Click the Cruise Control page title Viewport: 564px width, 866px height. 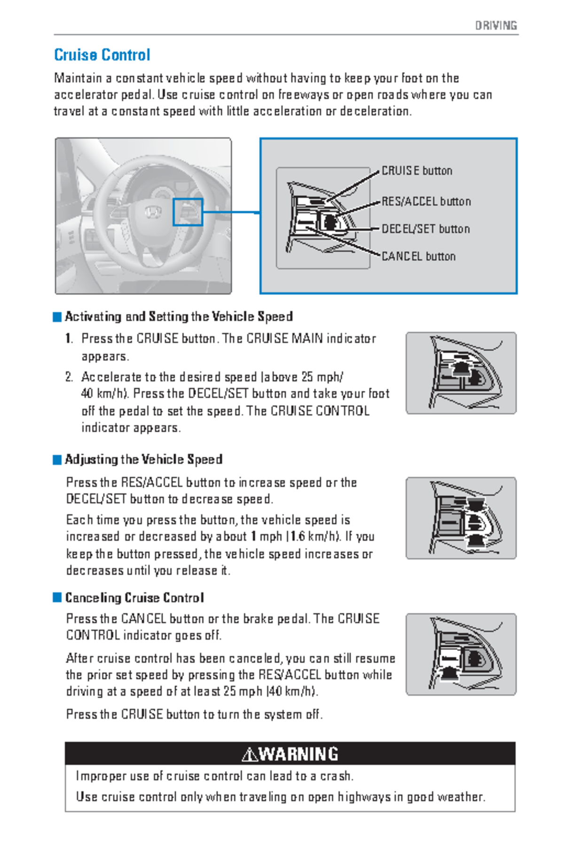pos(102,55)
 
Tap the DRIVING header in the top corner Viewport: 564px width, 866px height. pos(496,25)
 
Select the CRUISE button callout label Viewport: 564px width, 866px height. pos(416,171)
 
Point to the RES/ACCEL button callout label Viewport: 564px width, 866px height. pos(426,202)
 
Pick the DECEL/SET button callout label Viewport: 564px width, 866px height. pos(425,229)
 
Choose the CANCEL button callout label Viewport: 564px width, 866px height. pos(418,256)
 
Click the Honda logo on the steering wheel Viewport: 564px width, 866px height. pos(152,212)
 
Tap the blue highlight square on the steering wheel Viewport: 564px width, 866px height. pos(188,212)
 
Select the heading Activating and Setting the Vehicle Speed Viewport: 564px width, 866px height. pos(179,316)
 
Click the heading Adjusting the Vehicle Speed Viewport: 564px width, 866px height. pos(143,459)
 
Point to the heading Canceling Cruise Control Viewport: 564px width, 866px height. pos(134,598)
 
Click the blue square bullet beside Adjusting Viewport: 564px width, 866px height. pos(57,460)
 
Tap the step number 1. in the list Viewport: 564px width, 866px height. pos(69,338)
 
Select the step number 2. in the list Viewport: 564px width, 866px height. pos(69,377)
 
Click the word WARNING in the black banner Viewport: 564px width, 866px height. pos(298,754)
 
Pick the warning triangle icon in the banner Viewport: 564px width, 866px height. pos(249,755)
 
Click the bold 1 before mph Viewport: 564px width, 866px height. pos(253,537)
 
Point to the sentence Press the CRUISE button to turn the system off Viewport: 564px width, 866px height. pos(194,714)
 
